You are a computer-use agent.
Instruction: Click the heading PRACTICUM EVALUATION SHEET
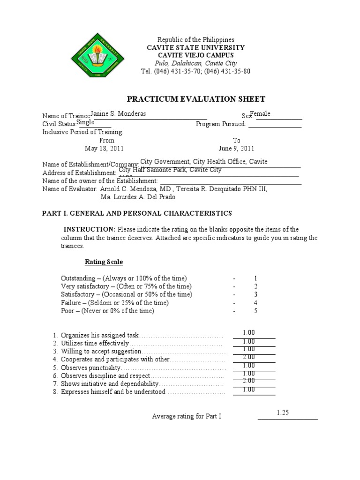pos(196,99)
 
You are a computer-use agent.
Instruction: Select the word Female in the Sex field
pos(260,113)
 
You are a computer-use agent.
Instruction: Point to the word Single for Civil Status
pos(85,122)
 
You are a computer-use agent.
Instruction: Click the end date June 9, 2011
pos(236,149)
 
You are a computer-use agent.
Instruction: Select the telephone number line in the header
pos(195,71)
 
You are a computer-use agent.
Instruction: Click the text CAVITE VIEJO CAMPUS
pos(196,55)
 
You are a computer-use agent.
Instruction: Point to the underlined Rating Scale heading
pos(104,262)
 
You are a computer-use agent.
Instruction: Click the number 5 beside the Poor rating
pos(255,311)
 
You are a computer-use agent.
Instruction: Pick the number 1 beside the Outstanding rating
pos(255,278)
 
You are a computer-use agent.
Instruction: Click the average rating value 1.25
pos(283,412)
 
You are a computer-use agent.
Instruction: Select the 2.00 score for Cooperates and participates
pos(249,357)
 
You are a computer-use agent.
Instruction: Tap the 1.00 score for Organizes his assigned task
pos(249,333)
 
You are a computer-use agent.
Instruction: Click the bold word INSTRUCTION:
pos(90,229)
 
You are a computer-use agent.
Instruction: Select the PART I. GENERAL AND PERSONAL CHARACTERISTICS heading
pos(137,213)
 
